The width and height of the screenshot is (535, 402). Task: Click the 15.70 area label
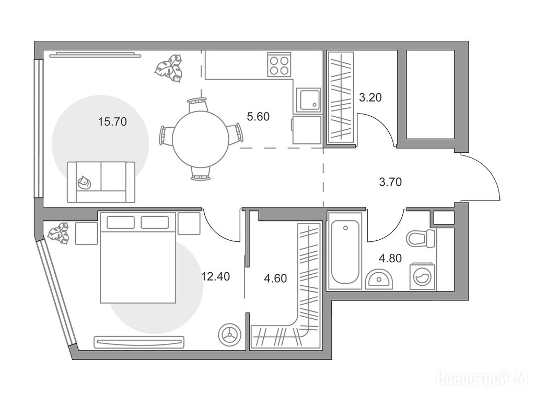point(112,121)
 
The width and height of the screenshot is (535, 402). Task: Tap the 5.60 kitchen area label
point(258,117)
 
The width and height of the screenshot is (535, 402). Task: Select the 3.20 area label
point(370,98)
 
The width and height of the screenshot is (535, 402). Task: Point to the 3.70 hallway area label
point(390,182)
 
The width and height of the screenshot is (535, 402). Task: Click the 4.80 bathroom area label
point(390,258)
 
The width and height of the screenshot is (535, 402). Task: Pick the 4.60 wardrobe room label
point(275,278)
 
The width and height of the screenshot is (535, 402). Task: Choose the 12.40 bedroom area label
point(215,276)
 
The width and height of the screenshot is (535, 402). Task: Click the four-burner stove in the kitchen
point(280,64)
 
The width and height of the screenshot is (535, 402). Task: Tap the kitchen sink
point(308,100)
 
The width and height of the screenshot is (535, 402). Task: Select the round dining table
point(201,139)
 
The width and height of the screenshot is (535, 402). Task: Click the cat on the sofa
point(84,183)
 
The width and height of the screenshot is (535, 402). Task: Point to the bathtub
point(345,252)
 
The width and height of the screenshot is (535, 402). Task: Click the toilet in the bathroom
point(421,238)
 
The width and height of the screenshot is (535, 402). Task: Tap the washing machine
point(422,276)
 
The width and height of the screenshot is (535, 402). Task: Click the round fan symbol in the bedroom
point(230,333)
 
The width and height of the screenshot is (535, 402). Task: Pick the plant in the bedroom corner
point(59,234)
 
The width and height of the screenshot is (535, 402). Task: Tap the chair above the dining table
point(197,104)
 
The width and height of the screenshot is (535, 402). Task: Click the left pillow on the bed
point(121,222)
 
